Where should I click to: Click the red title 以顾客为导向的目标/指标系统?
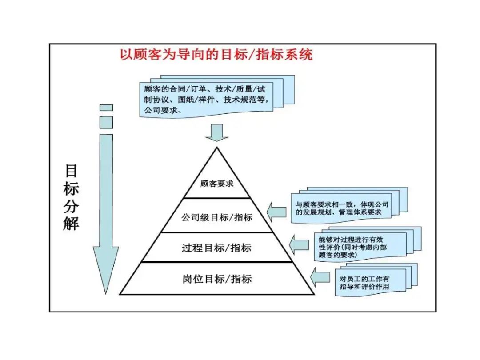coord(216,55)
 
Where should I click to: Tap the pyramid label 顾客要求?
coord(217,183)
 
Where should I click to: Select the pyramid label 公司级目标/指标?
coord(217,217)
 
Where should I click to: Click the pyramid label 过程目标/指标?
coord(216,248)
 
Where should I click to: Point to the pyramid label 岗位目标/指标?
coord(217,279)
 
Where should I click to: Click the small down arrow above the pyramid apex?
coord(217,132)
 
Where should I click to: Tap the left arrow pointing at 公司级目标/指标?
coord(276,210)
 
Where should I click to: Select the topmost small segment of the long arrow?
coord(106,108)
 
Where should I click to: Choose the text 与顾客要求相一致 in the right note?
coord(324,205)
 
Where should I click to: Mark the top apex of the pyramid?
coord(217,148)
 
